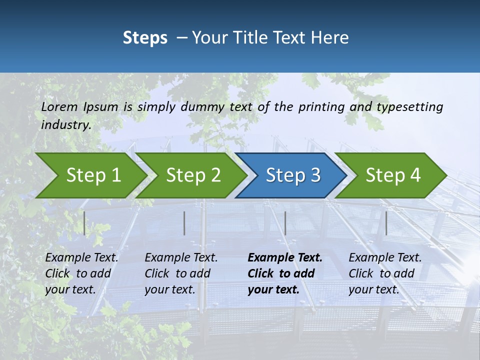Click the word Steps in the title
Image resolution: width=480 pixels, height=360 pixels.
145,38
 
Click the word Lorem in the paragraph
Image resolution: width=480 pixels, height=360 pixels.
59,107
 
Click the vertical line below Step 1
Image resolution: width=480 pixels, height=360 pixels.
84,223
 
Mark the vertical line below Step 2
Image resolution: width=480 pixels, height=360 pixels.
184,223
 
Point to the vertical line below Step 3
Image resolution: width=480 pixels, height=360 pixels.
285,223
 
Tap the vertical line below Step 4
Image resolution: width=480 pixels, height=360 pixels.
386,223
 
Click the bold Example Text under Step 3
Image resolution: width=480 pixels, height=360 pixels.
285,258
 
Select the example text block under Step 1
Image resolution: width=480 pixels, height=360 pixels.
81,273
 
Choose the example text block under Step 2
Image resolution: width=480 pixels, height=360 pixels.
181,273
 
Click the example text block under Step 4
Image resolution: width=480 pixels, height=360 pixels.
385,273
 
